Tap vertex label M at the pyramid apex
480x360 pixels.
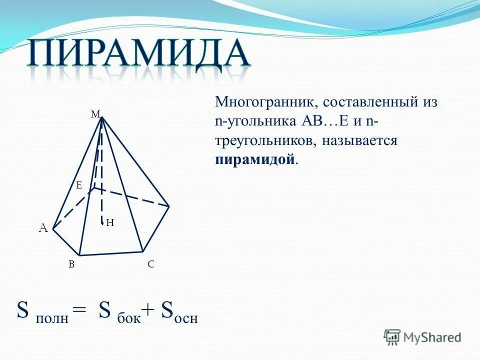[95, 114]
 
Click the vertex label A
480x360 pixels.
[43, 228]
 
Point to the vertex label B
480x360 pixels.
[71, 265]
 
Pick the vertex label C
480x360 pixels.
[150, 265]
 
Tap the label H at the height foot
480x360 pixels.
[110, 223]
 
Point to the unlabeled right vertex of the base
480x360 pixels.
[169, 206]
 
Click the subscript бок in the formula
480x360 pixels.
[128, 318]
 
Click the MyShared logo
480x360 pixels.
[422, 337]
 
